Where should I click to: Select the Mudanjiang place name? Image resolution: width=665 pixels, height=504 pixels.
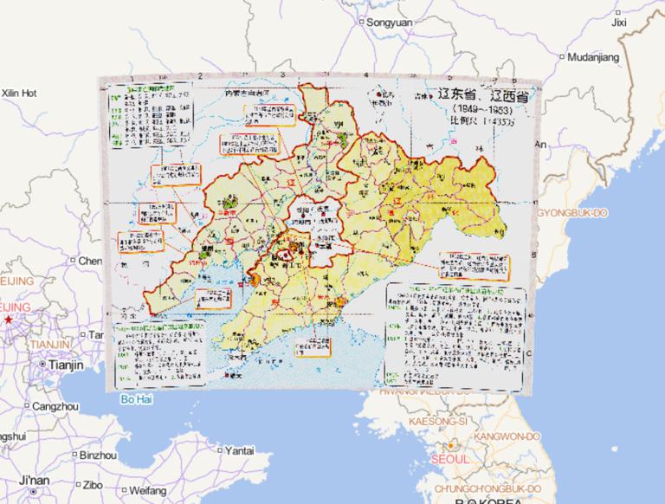[595, 57]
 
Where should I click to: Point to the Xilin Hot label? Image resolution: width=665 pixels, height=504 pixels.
[20, 92]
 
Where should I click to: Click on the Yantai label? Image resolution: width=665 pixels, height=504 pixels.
[239, 450]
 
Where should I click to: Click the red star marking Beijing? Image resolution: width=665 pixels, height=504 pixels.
[8, 320]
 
